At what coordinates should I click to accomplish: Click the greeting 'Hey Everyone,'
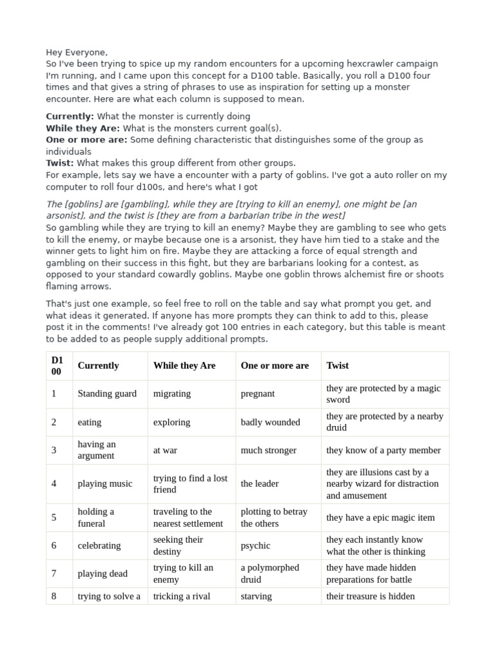[x=77, y=52]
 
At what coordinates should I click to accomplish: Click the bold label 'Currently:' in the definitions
[x=70, y=116]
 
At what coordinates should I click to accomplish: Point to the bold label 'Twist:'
[x=60, y=163]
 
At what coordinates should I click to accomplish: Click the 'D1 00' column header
[x=57, y=365]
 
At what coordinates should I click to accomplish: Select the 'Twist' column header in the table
[x=337, y=365]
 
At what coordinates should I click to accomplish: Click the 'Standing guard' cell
[x=107, y=394]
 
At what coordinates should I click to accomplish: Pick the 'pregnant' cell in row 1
[x=258, y=394]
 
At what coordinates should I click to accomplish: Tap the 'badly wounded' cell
[x=270, y=422]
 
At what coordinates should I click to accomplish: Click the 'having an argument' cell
[x=97, y=450]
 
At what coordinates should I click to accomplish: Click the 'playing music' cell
[x=104, y=483]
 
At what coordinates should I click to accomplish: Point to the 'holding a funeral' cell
[x=96, y=518]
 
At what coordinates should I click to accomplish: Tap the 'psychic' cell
[x=255, y=545]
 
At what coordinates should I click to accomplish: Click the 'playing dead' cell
[x=102, y=574]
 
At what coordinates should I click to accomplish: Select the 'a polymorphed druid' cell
[x=270, y=574]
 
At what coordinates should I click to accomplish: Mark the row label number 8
[x=54, y=596]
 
